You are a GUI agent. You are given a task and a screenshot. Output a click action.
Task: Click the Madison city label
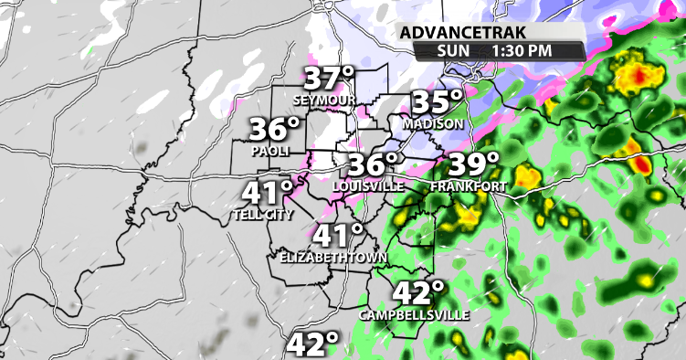point(434,122)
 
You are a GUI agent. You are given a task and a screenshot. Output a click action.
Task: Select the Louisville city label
point(369,185)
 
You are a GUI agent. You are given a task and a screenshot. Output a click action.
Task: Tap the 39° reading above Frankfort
point(471,165)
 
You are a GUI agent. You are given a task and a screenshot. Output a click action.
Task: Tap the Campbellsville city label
point(414,314)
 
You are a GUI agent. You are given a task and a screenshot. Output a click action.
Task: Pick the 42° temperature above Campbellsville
point(418,293)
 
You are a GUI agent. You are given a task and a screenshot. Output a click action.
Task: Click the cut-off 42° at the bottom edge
point(312,345)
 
